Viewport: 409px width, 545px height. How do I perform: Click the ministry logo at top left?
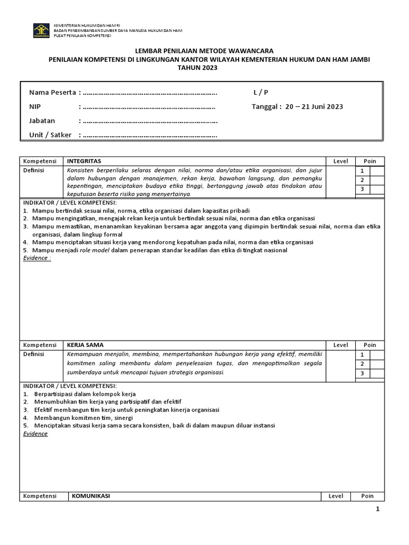tap(42, 30)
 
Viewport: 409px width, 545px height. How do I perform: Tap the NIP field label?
tap(35, 106)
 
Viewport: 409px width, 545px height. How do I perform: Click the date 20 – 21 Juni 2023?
tap(314, 106)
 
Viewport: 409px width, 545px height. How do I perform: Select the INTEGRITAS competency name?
tap(84, 161)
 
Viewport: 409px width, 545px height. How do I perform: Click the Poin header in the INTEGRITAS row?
tap(370, 161)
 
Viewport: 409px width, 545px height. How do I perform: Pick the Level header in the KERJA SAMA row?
tap(340, 345)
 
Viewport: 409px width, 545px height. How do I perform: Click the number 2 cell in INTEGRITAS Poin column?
tap(362, 180)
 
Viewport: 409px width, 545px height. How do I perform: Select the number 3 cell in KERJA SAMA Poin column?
tap(362, 374)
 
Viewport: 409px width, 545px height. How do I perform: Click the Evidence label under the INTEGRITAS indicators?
tap(37, 258)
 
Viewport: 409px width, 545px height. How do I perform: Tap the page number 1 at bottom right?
tap(378, 509)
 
